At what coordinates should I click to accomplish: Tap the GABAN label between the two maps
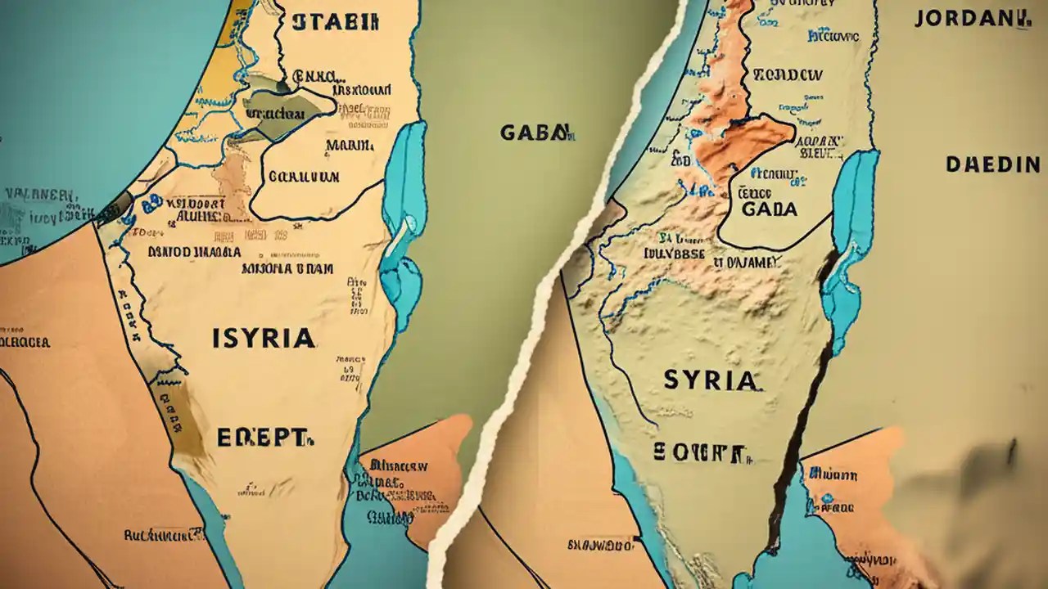533,133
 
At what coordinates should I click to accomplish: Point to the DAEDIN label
992,164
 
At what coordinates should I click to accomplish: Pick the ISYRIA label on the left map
263,338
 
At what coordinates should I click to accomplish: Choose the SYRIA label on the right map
709,380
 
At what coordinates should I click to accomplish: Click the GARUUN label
304,176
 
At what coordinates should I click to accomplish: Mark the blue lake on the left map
403,221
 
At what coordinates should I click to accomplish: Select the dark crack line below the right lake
798,409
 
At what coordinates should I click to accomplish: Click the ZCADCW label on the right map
788,74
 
